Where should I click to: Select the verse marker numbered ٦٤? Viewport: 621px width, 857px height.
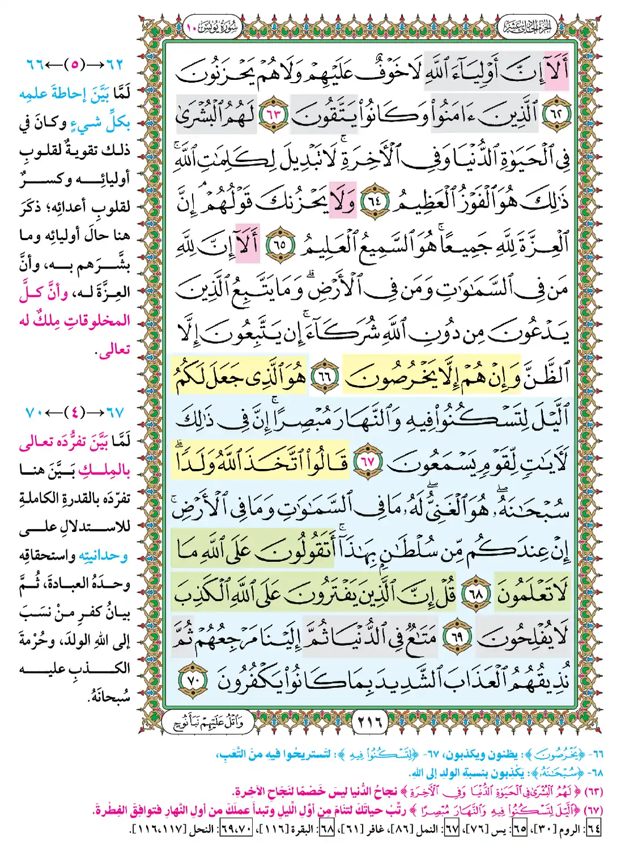coord(375,202)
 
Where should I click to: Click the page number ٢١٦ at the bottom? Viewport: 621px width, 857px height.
coord(371,722)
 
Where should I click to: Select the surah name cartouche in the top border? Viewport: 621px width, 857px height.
coord(213,27)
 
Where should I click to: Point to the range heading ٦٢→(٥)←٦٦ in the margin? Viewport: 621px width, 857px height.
coord(74,64)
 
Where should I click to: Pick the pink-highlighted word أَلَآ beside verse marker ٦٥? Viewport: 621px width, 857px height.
coord(248,243)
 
